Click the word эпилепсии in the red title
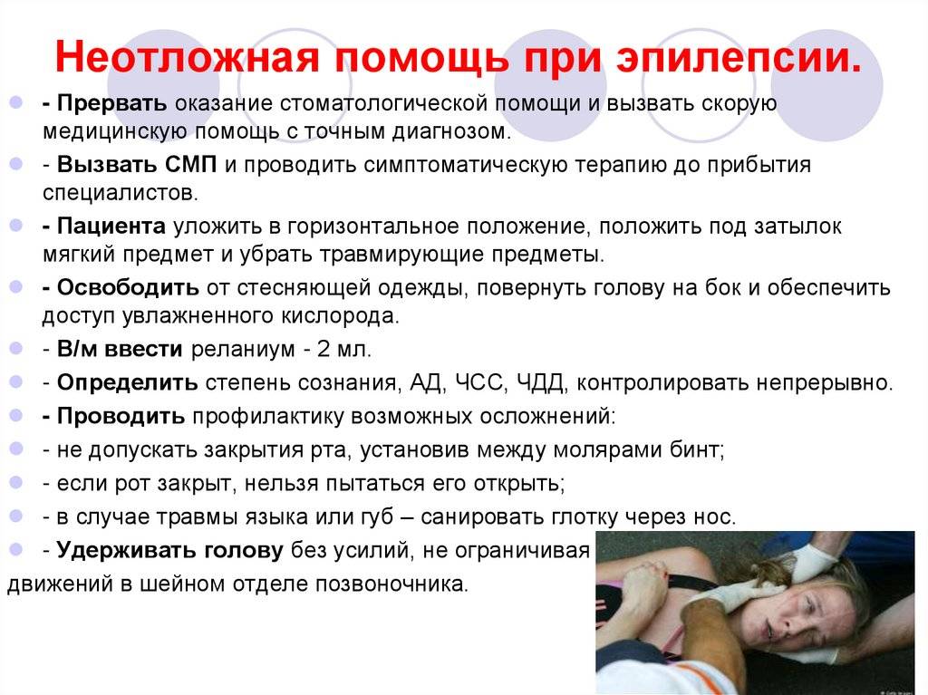click(738, 58)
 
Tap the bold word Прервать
click(111, 103)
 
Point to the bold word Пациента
click(111, 227)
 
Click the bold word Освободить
click(128, 288)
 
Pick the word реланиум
click(243, 349)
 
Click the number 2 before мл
click(324, 349)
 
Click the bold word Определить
click(127, 383)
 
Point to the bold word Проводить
click(121, 417)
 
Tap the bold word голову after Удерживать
click(244, 551)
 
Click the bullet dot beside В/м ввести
click(16, 349)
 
